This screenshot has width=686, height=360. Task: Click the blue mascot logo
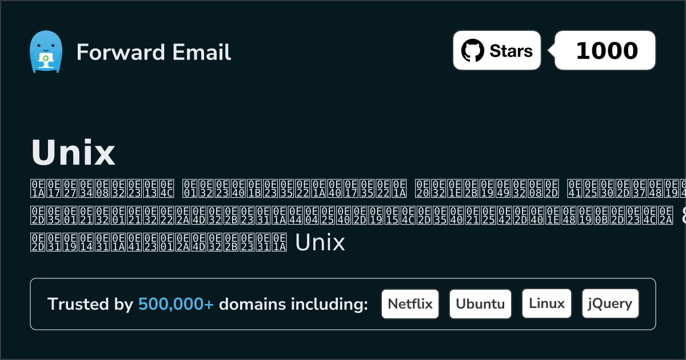point(45,51)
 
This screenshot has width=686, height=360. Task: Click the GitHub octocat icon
point(472,50)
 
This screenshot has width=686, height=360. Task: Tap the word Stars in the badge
point(510,51)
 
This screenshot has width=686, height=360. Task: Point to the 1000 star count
point(607,51)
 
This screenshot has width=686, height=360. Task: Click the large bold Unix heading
point(73,153)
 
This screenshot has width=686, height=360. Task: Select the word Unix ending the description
point(320,243)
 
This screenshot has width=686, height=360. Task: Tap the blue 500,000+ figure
point(176,304)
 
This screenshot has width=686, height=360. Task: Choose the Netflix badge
point(410,303)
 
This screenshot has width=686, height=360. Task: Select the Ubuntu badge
point(480,303)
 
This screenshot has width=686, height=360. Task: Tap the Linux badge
point(547,303)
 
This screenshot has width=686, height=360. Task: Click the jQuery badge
point(610,303)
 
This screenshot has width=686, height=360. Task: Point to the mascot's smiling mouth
point(45,50)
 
